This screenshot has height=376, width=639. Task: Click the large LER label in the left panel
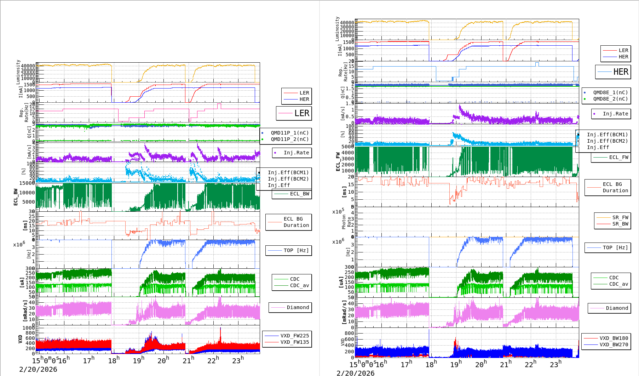[x=302, y=113]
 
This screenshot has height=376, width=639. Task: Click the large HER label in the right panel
[x=621, y=72]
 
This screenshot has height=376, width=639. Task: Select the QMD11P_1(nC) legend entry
[x=290, y=133]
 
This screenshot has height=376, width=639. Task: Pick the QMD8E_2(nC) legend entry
[x=610, y=99]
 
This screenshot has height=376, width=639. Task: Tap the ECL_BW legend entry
[x=299, y=194]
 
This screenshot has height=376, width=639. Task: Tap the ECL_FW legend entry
[x=618, y=157]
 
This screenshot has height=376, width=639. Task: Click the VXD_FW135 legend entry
[x=294, y=342]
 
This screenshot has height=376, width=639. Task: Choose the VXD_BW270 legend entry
[x=614, y=344]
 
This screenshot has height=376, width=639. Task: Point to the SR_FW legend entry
[x=620, y=217]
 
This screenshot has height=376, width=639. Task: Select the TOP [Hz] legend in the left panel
[x=296, y=250]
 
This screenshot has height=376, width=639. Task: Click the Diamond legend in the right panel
[x=617, y=308]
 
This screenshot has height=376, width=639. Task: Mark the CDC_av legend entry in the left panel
[x=299, y=285]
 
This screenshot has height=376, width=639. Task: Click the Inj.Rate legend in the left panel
[x=296, y=153]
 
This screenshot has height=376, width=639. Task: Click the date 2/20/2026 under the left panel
[x=38, y=369]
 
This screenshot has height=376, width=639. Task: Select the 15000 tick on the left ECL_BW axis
[x=27, y=183]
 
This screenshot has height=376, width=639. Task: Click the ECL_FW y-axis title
[x=338, y=161]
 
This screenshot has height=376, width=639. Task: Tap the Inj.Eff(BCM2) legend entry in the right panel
[x=607, y=141]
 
